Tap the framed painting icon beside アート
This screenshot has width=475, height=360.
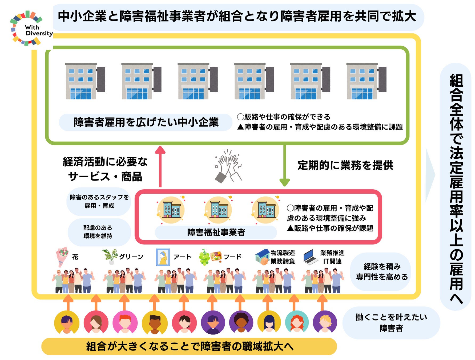[163, 257]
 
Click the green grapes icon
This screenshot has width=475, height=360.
[204, 257]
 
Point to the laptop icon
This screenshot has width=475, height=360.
[310, 257]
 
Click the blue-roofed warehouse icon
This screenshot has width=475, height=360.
[262, 257]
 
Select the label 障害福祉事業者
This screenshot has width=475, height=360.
[216, 232]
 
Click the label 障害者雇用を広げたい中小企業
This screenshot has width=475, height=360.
[146, 122]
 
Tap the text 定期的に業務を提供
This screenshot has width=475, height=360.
[345, 165]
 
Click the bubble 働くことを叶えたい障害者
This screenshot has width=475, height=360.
[391, 323]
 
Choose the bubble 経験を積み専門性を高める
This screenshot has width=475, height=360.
[382, 271]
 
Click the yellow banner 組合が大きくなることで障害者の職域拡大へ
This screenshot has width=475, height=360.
[189, 346]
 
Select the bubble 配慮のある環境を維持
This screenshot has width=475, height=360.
[98, 232]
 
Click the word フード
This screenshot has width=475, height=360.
[232, 257]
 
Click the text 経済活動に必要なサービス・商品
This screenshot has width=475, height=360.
[105, 169]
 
